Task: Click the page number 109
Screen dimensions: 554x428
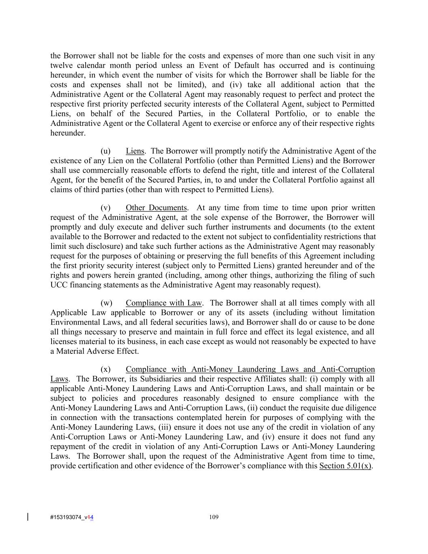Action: pyautogui.click(x=214, y=517)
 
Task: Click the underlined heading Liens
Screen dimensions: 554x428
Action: pyautogui.click(x=135, y=151)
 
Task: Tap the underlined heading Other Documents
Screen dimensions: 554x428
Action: pyautogui.click(x=156, y=208)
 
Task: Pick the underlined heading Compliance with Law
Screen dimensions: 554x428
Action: pyautogui.click(x=163, y=303)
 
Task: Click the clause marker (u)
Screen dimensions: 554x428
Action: pyautogui.click(x=105, y=151)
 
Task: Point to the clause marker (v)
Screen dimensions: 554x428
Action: pyautogui.click(x=105, y=208)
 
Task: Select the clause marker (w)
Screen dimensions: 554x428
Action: pyautogui.click(x=106, y=303)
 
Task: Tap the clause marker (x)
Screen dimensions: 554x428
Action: pyautogui.click(x=105, y=369)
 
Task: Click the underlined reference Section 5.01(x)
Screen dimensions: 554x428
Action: pyautogui.click(x=345, y=466)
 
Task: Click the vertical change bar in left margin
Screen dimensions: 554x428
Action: pyautogui.click(x=28, y=517)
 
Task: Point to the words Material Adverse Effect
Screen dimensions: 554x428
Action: pyautogui.click(x=97, y=351)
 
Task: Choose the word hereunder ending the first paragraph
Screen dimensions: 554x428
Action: pyautogui.click(x=67, y=133)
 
